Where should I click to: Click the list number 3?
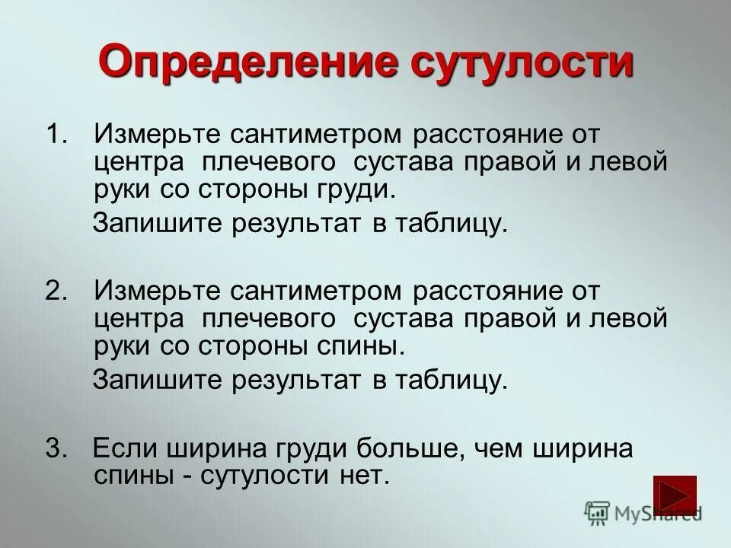(x=56, y=448)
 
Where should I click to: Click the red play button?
(x=675, y=494)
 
